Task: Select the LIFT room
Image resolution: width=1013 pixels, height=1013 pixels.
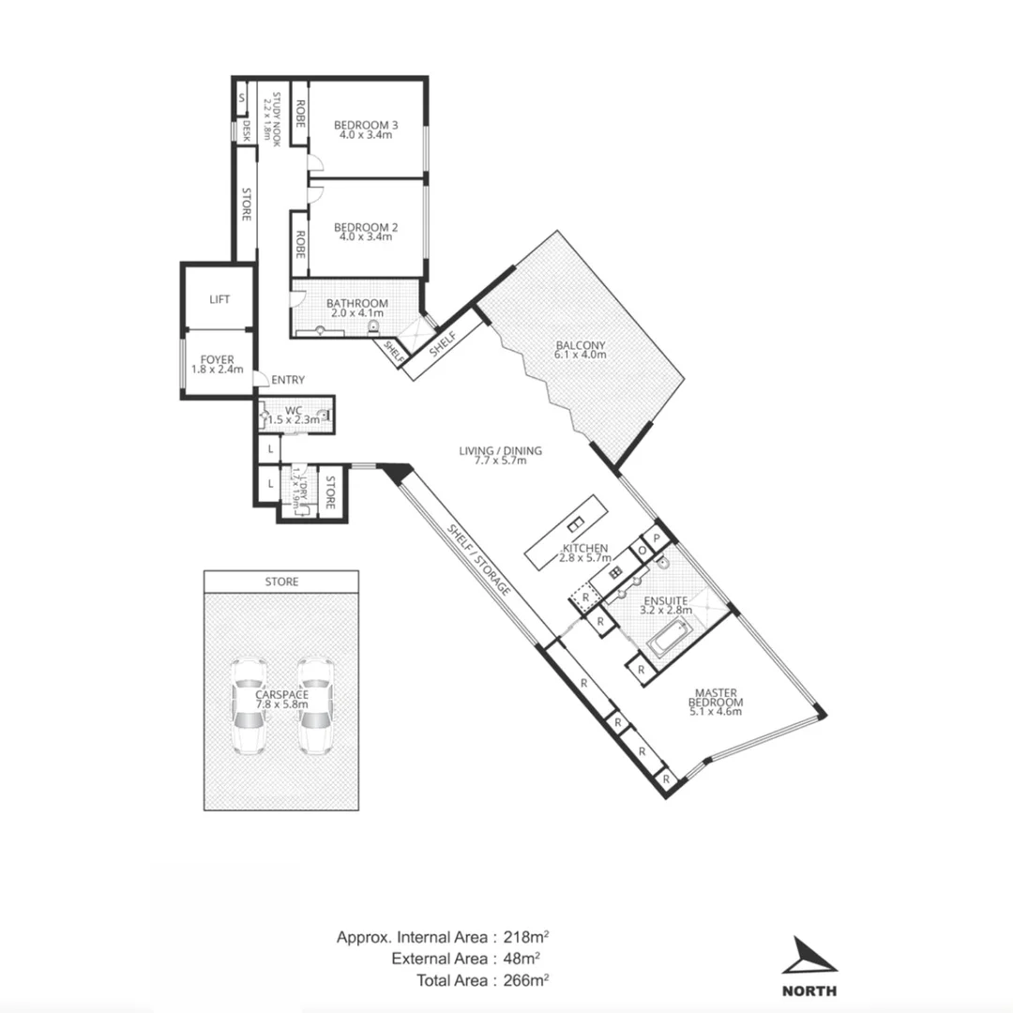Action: point(219,299)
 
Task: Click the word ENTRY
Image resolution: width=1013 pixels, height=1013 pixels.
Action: point(287,380)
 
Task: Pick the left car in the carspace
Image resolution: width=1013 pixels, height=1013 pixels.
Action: point(249,705)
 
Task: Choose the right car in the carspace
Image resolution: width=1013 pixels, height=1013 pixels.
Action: point(315,705)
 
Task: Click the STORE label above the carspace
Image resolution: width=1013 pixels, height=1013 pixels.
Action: point(281,582)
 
